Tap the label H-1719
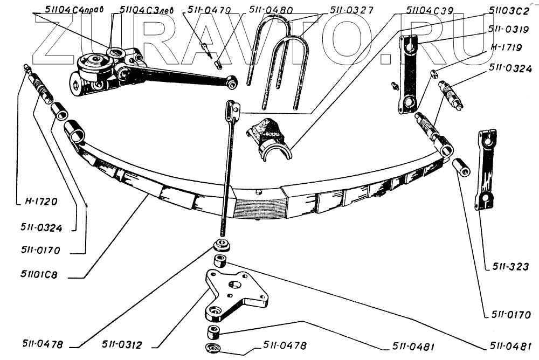(506, 47)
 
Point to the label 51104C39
(430, 10)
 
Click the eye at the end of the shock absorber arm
(232, 82)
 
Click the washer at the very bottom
(212, 348)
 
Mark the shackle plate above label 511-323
(485, 170)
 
